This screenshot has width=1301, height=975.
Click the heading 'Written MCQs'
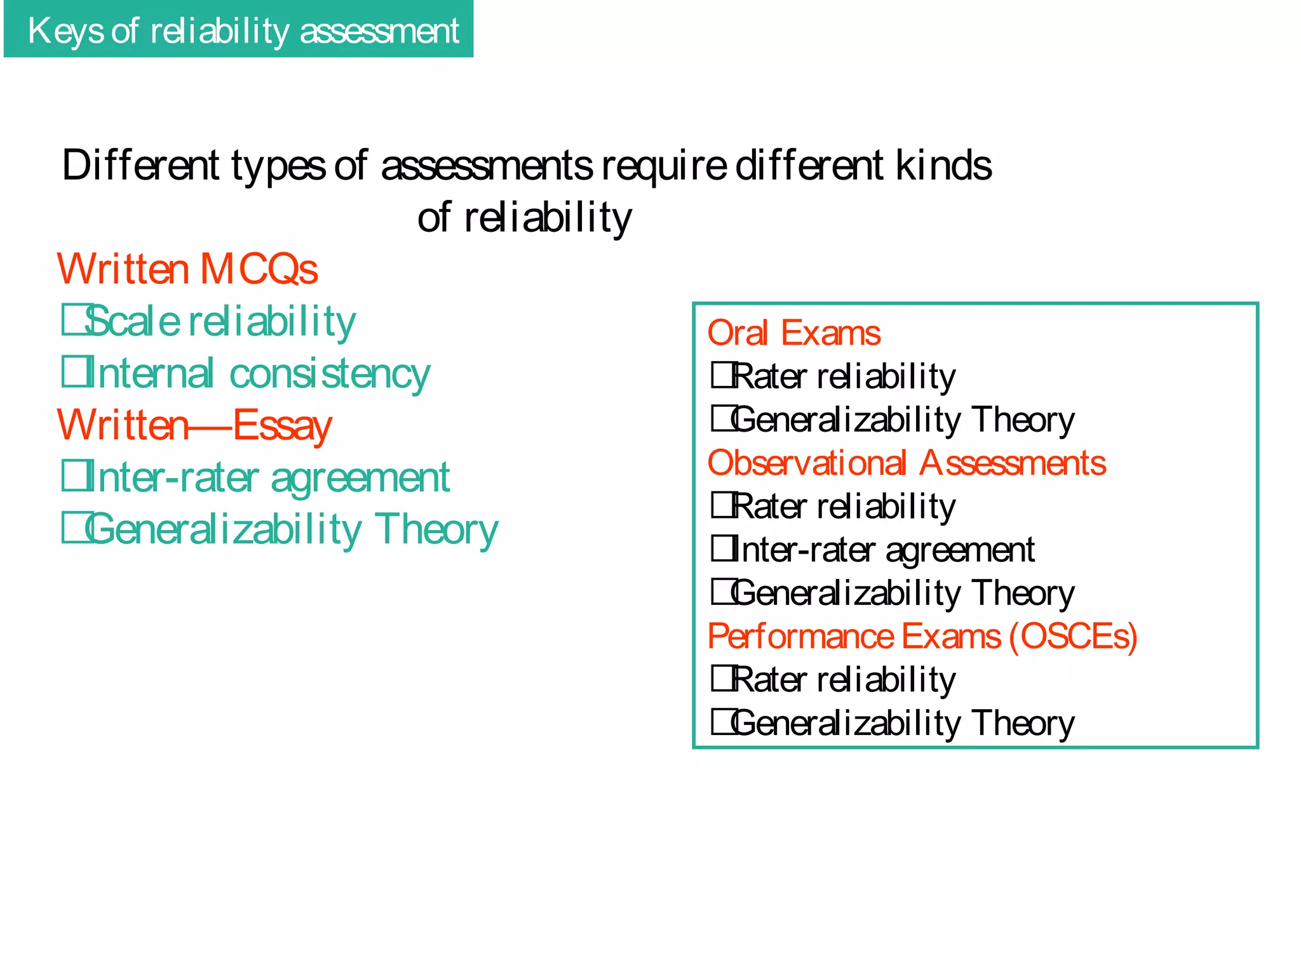click(187, 269)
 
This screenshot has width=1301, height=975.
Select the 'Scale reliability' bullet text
click(220, 321)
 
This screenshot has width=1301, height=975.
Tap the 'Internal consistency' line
click(258, 373)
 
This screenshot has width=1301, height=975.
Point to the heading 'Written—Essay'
click(194, 425)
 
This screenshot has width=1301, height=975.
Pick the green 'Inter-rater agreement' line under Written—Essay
click(267, 477)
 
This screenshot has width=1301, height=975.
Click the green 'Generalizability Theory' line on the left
click(292, 529)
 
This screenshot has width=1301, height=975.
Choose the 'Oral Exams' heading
click(794, 333)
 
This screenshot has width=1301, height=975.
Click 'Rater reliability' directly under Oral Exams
click(844, 376)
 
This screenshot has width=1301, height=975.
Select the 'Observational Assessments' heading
click(907, 463)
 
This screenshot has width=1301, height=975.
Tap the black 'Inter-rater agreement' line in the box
click(883, 550)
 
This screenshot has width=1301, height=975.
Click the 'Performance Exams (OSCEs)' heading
click(922, 636)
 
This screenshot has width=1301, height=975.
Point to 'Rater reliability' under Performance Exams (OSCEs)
click(844, 680)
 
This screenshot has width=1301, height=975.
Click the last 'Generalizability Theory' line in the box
click(903, 723)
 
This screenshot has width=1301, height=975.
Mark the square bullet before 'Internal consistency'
click(72, 372)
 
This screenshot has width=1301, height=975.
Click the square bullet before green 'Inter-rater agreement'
click(72, 476)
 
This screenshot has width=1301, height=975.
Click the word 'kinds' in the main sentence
click(944, 166)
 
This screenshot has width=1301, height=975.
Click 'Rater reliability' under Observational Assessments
click(844, 507)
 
